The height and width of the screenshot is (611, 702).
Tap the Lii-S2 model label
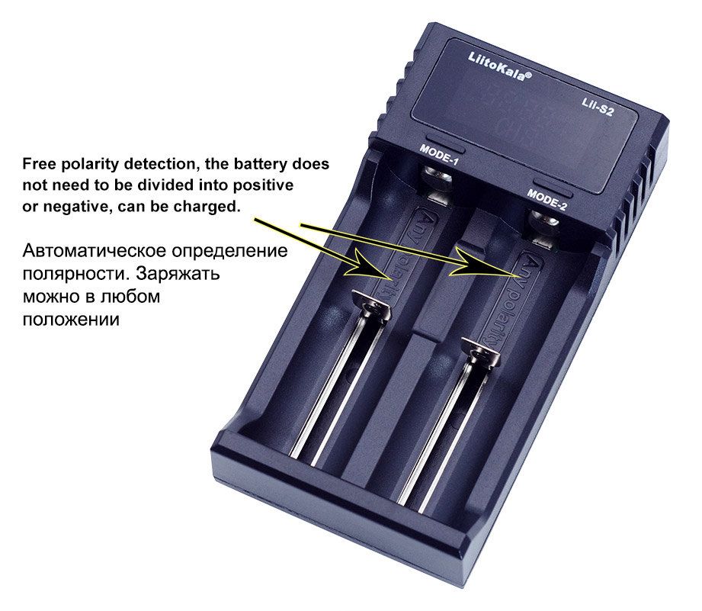pos(597,107)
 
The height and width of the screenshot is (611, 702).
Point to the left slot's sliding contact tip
pos(371,304)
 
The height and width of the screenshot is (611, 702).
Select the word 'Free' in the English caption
pos(39,164)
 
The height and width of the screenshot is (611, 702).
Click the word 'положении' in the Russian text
pos(71,320)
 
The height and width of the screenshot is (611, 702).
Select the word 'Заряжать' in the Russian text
pos(178,274)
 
